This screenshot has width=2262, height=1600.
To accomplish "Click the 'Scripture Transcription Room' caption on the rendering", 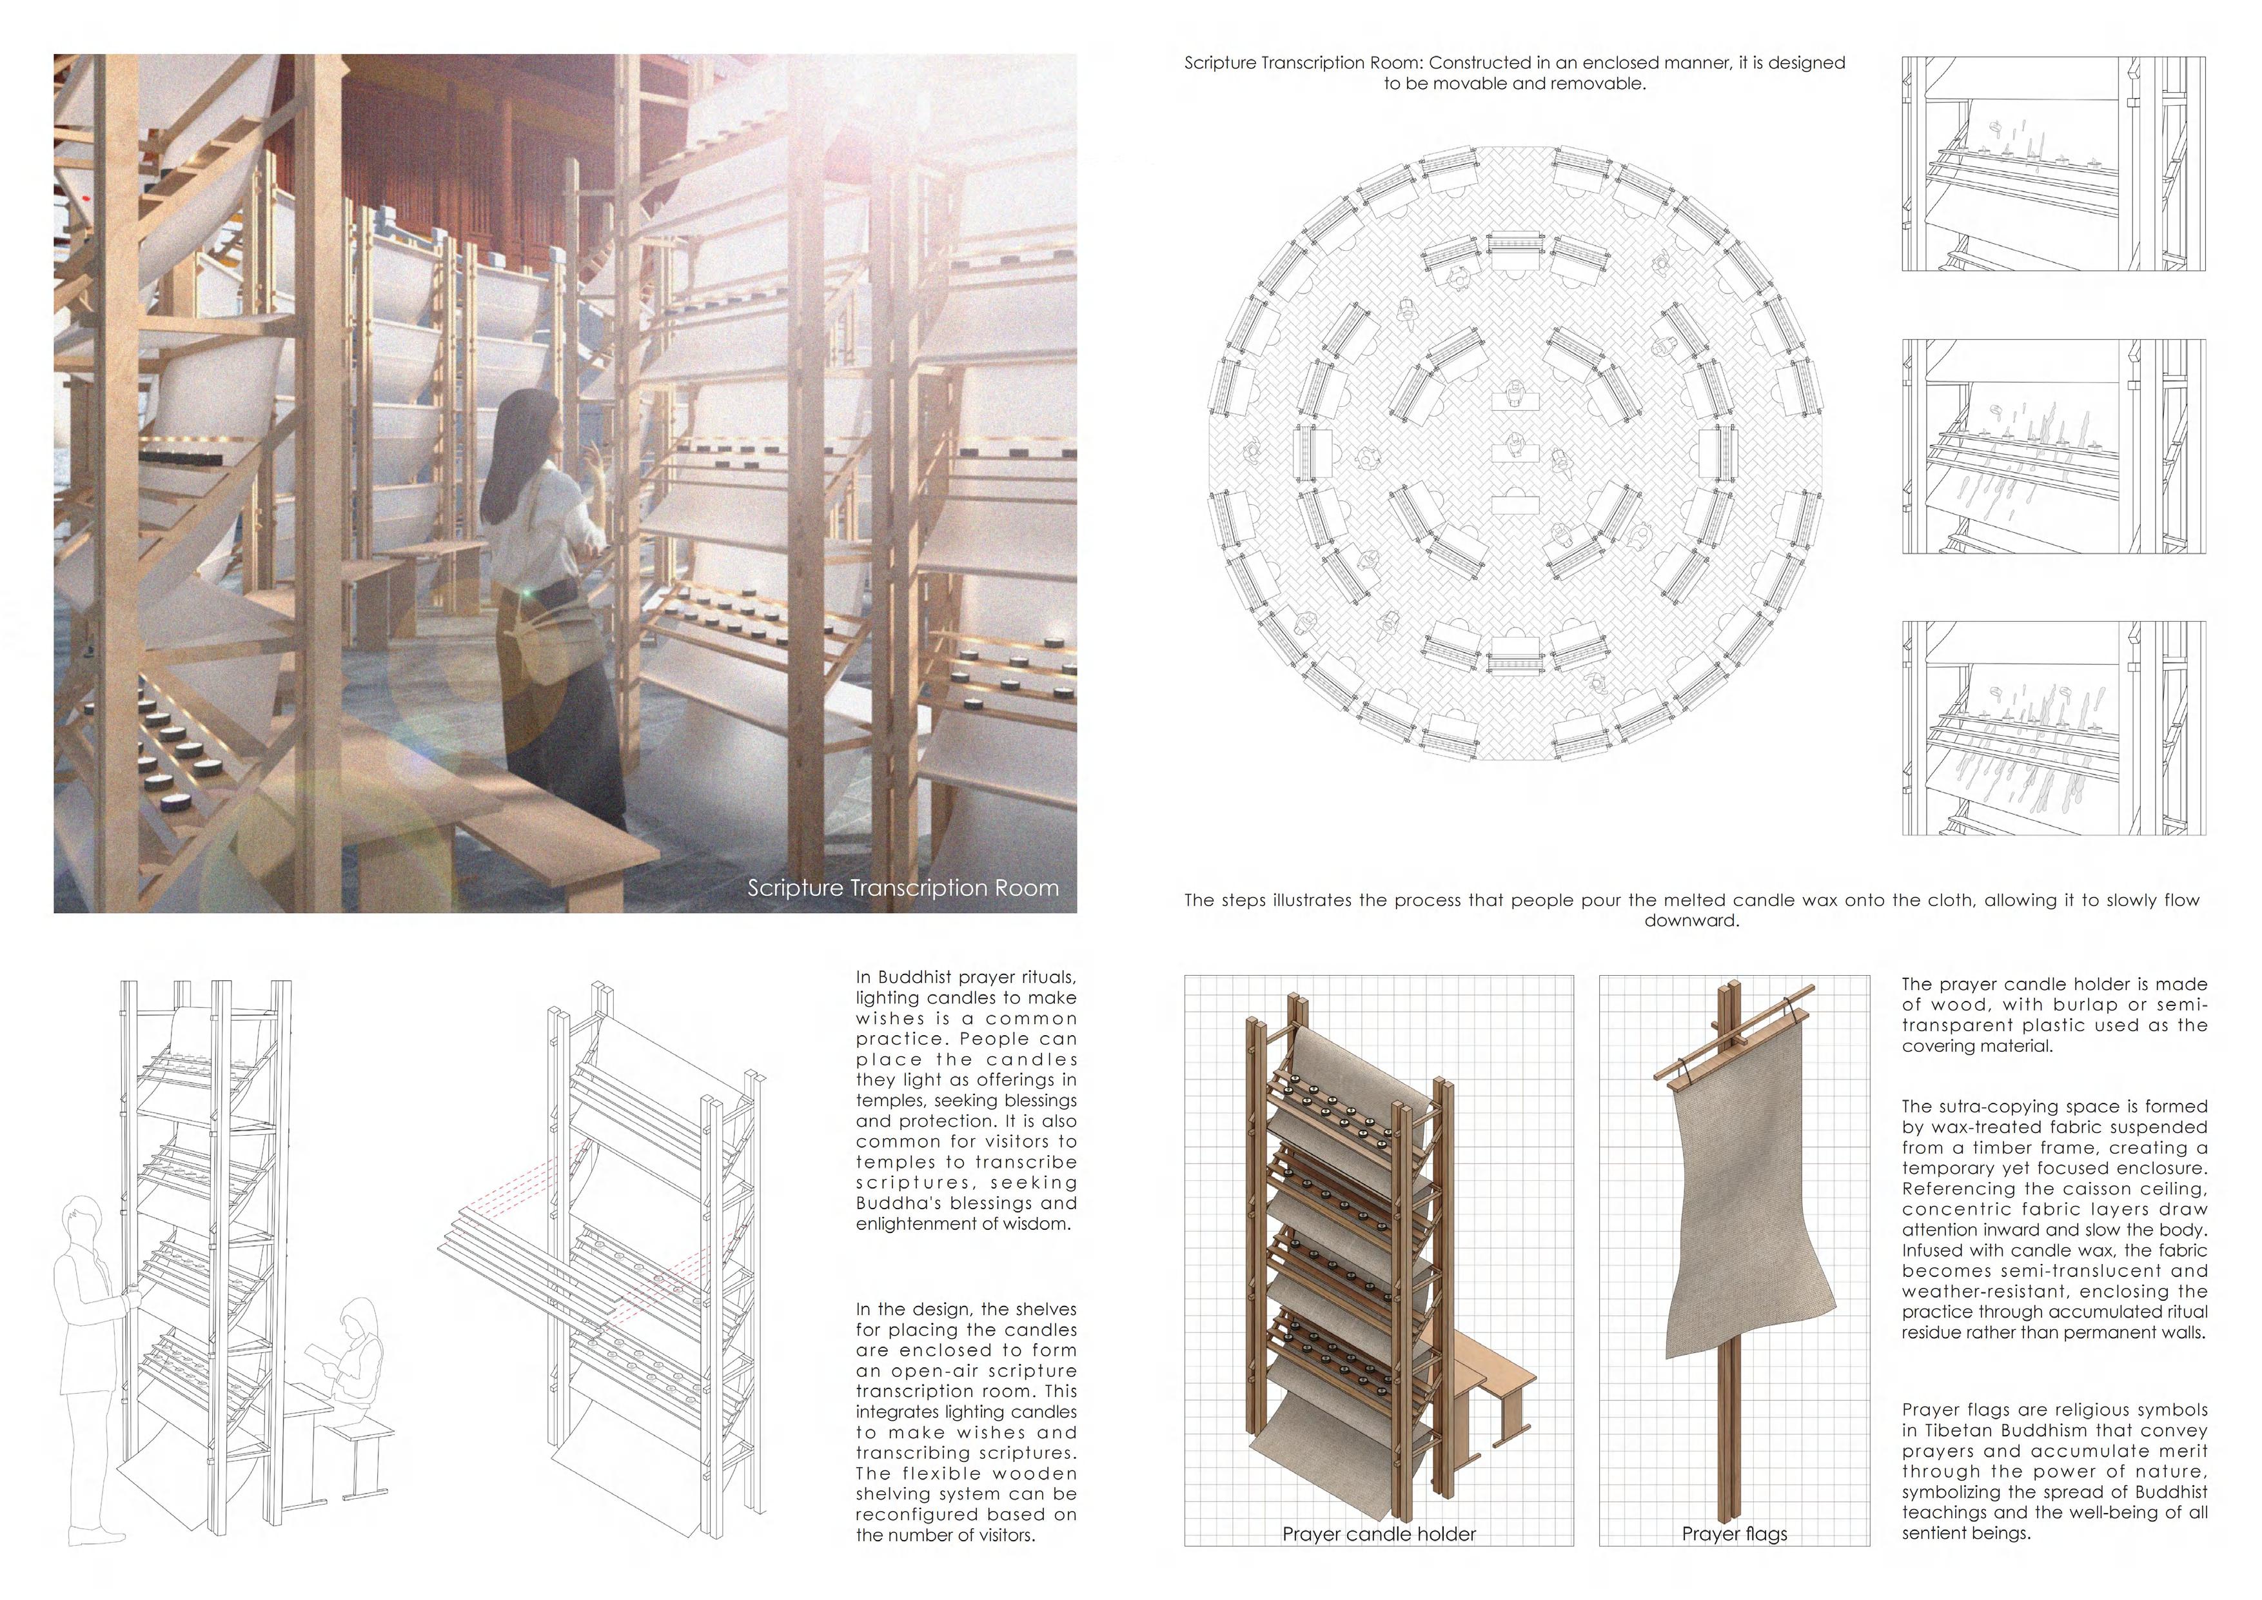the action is (903, 887).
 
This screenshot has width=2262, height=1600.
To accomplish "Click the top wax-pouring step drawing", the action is (2053, 164).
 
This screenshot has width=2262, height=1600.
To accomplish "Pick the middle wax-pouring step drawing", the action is (2053, 446).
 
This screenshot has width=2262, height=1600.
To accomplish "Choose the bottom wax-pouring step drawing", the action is (2053, 728).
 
